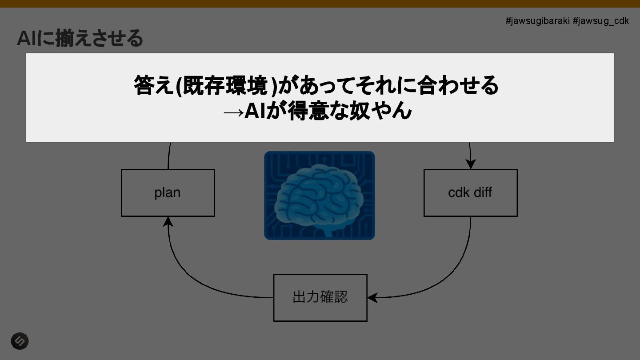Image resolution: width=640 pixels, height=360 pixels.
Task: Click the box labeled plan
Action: click(x=168, y=193)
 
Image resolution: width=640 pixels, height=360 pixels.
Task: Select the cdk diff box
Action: click(x=470, y=193)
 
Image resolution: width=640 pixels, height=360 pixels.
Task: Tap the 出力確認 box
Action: click(x=320, y=297)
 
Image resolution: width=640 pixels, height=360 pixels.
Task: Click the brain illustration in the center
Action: click(x=320, y=196)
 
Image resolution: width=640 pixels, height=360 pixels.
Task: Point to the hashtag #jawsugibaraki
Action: click(x=537, y=21)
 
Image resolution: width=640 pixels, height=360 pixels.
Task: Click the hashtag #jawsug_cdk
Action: click(x=600, y=21)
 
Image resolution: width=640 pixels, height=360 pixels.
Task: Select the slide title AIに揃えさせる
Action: click(x=80, y=38)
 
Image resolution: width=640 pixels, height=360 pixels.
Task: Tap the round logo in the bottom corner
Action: click(x=20, y=341)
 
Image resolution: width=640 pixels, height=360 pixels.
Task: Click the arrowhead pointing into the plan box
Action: click(x=168, y=221)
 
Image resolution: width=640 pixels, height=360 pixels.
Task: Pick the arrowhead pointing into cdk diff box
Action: click(x=470, y=164)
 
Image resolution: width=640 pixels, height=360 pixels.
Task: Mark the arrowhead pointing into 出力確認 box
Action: click(x=372, y=297)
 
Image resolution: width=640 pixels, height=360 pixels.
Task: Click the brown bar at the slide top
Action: click(x=320, y=4)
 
